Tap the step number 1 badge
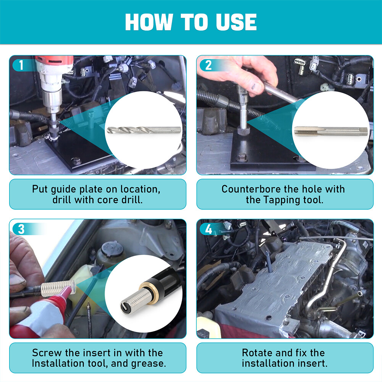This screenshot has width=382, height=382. coord(21,65)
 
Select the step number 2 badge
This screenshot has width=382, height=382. coord(208,65)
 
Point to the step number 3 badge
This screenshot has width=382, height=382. coord(21,229)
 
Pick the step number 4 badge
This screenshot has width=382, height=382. coord(208,229)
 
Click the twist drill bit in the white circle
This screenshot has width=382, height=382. coord(144,130)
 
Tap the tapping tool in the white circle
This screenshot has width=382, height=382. coord(331,131)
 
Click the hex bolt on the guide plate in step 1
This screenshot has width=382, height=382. coord(76,160)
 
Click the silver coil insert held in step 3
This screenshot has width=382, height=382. coord(59,288)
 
